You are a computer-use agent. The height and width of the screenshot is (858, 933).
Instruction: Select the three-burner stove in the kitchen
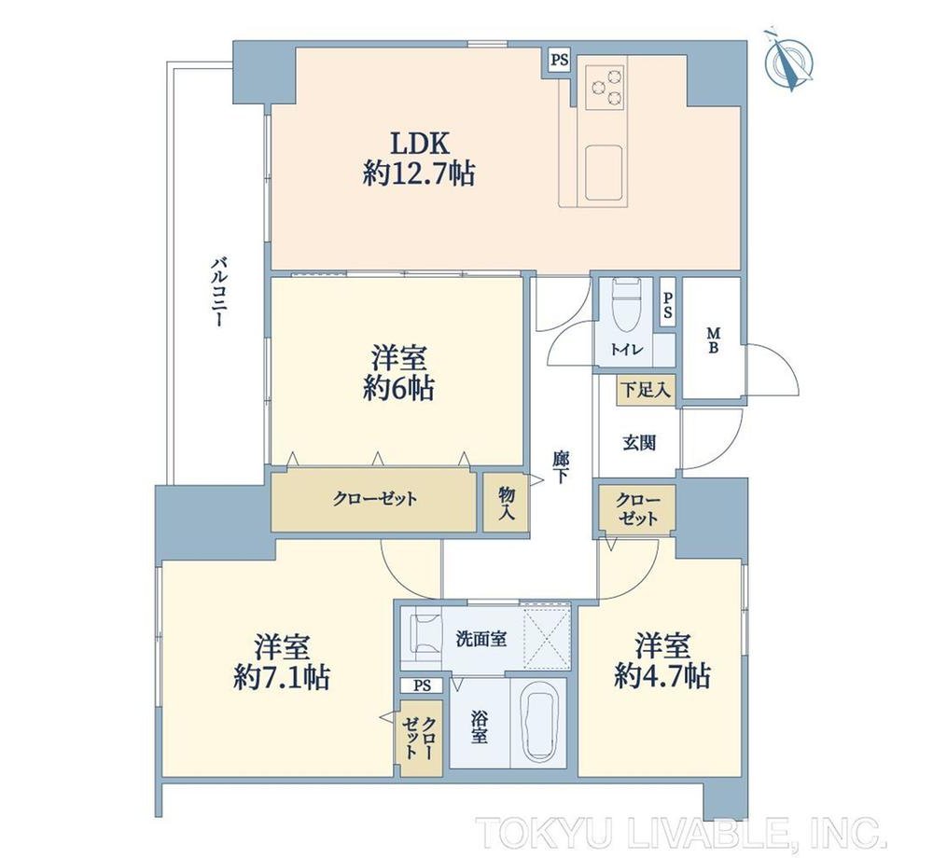point(606,86)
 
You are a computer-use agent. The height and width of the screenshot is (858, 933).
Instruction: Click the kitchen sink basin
point(604,173)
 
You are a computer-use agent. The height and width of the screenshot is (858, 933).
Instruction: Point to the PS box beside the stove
point(559,60)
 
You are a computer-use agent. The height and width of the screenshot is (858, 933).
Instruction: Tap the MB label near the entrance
point(712,340)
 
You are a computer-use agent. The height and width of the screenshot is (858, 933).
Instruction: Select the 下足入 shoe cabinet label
point(646,390)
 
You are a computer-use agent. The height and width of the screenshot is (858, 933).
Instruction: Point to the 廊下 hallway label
point(561,467)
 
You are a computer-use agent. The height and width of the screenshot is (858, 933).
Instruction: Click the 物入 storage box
point(505,502)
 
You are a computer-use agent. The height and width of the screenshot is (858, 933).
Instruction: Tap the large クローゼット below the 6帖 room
point(374,500)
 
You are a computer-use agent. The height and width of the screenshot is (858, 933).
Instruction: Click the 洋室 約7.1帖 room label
point(282,662)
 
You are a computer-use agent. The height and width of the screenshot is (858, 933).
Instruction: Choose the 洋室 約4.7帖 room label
point(661,660)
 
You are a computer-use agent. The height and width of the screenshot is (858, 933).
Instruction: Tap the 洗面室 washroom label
point(481,640)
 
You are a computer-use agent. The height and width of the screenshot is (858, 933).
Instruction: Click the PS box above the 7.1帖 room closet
point(422,685)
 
